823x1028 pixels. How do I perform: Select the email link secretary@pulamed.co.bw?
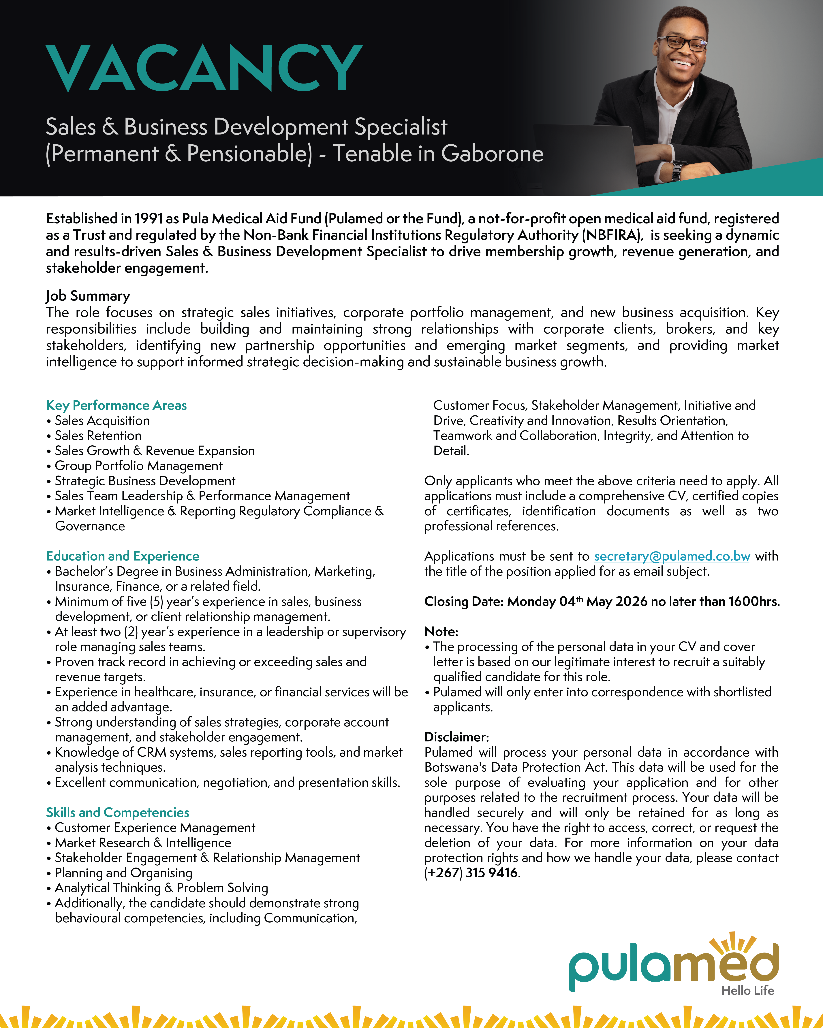click(672, 556)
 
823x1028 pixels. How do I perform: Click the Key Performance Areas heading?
click(116, 405)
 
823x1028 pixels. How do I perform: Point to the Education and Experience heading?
click(123, 556)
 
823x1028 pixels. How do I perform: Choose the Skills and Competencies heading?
click(117, 813)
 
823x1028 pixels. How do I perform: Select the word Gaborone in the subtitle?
click(492, 154)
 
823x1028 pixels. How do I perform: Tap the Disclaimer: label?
click(457, 737)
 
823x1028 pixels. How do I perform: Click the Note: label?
click(441, 632)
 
